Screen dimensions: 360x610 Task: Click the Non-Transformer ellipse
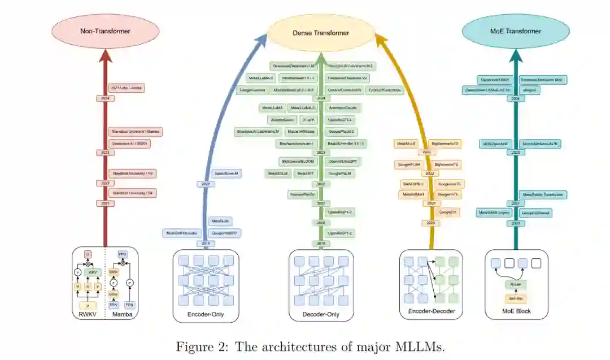105,31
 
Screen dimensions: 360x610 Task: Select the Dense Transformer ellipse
321,33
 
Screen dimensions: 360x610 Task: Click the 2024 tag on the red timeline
105,98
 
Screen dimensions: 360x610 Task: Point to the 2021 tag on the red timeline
105,203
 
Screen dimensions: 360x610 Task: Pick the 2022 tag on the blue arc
205,184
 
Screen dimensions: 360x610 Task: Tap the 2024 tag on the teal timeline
515,98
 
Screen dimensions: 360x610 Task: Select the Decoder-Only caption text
321,314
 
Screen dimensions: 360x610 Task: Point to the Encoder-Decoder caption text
431,312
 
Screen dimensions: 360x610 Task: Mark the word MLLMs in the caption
421,346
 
